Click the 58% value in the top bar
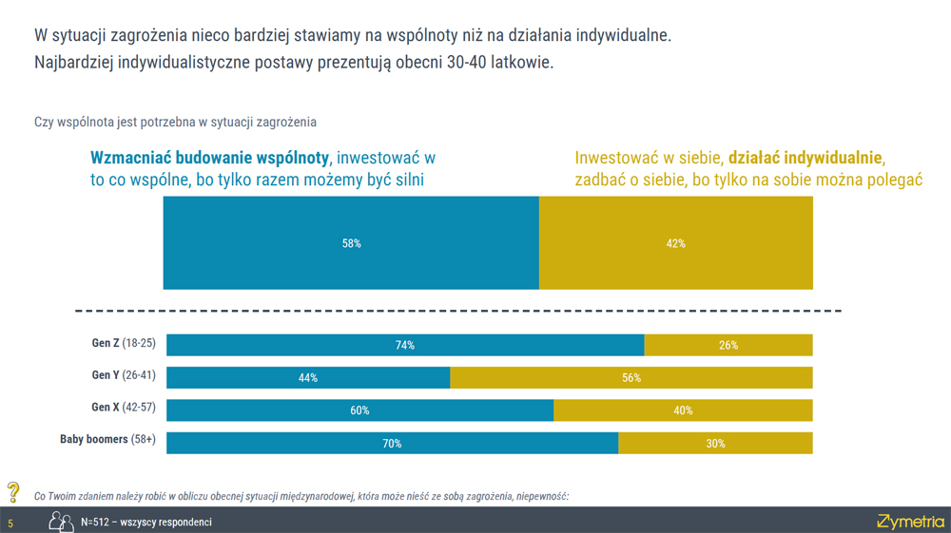[x=351, y=243]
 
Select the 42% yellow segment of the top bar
[x=676, y=243]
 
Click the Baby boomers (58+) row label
[x=107, y=441]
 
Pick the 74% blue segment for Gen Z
[x=405, y=346]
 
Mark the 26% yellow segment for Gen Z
[x=728, y=346]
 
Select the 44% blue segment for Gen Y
[x=307, y=378]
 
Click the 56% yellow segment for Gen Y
[x=631, y=378]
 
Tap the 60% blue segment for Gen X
[x=359, y=410]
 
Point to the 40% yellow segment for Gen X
[x=683, y=410]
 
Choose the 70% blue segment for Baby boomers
[x=392, y=443]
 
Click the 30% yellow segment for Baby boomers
[x=715, y=443]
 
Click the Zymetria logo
[x=910, y=521]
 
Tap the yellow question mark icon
[x=13, y=492]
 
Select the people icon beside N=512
[x=62, y=522]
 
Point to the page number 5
[x=10, y=523]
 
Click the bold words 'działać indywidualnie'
[x=806, y=158]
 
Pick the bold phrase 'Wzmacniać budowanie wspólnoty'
[x=209, y=158]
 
